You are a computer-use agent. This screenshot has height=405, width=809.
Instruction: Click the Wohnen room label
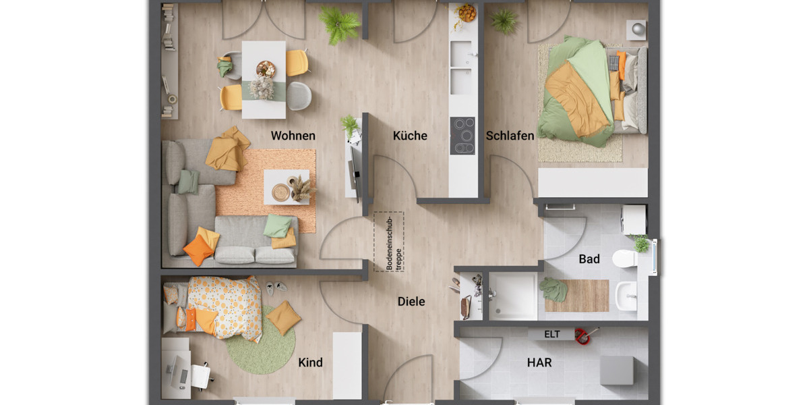click(293, 136)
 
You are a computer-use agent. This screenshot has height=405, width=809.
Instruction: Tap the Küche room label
click(410, 136)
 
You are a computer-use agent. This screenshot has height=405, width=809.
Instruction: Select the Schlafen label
click(510, 136)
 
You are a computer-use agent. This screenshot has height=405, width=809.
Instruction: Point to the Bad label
click(589, 259)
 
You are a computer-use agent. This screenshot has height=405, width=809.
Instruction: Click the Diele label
click(411, 302)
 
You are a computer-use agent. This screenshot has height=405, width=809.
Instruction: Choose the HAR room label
click(539, 362)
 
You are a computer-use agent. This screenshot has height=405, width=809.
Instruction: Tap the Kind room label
click(310, 362)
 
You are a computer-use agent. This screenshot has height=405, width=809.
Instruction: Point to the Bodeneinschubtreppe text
click(389, 242)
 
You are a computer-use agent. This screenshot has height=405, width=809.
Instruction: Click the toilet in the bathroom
click(626, 259)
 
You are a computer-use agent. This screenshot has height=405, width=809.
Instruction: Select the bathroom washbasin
click(626, 296)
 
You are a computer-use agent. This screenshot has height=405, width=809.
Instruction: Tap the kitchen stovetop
click(462, 136)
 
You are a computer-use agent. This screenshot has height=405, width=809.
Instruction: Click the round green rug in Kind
click(260, 341)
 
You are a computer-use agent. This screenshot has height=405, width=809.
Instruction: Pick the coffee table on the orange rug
click(287, 187)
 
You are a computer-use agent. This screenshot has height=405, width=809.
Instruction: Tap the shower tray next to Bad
click(513, 296)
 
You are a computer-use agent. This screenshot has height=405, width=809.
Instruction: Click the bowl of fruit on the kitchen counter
click(466, 13)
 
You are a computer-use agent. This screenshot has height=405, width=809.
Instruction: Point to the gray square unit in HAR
click(617, 370)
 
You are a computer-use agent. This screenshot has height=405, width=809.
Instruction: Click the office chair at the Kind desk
click(200, 375)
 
